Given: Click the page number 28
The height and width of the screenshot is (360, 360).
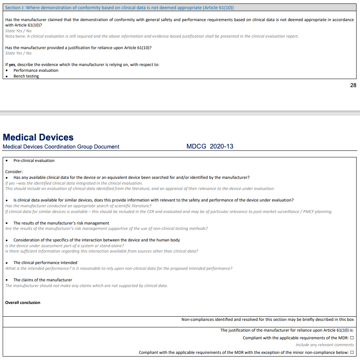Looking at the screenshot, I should point(353,85).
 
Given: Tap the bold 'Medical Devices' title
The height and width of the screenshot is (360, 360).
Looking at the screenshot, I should point(38,137).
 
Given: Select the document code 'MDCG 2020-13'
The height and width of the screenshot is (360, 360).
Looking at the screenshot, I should point(210,147).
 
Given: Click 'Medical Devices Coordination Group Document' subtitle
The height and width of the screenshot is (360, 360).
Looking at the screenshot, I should point(61,147).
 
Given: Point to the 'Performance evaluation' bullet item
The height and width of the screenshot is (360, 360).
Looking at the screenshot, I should point(36,70).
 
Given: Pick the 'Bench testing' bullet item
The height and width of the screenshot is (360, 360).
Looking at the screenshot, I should point(26,76).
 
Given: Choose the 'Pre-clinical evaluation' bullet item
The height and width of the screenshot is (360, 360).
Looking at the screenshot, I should point(34,160).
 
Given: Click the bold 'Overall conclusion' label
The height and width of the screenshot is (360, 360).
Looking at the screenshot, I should point(23,302).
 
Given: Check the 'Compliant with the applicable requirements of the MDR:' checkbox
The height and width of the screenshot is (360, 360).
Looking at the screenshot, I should point(352,338).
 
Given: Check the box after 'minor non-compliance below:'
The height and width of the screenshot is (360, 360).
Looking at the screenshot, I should point(352,352).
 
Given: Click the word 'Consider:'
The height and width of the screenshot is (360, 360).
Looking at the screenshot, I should point(14,172).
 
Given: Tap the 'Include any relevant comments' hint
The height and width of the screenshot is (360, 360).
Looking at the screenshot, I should point(325,345).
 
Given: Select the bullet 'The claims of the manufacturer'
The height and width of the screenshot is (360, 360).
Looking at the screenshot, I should point(43,280).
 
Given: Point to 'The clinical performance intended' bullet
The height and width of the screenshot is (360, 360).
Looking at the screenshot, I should point(45,263).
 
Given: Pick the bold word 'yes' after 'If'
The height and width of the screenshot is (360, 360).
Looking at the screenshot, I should point(12,64).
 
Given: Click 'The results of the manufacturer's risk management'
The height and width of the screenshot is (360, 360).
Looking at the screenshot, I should point(61,223).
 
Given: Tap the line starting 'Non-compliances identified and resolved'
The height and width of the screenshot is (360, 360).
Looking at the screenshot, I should point(268,319).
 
